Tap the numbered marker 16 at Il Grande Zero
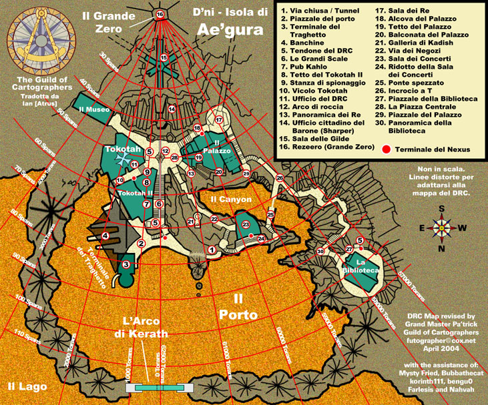point(159,14)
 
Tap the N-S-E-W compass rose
point(441,227)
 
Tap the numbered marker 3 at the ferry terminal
point(125,265)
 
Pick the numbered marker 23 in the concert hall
point(246,225)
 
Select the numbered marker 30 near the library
point(320,252)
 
